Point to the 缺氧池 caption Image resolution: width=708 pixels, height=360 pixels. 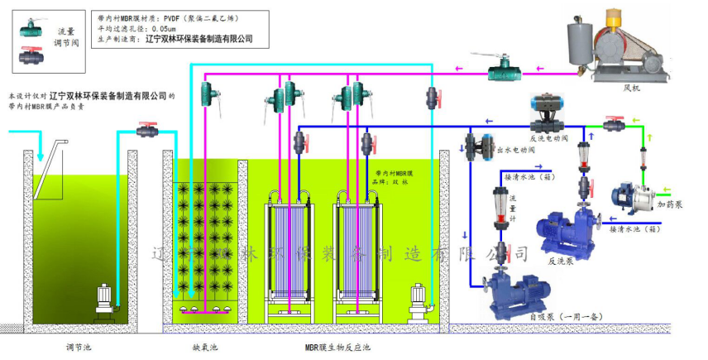pyautogui.click(x=204, y=347)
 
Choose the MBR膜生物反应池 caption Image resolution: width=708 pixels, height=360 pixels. pyautogui.click(x=338, y=347)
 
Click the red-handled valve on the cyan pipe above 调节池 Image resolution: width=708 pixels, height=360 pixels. pyautogui.click(x=149, y=129)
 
